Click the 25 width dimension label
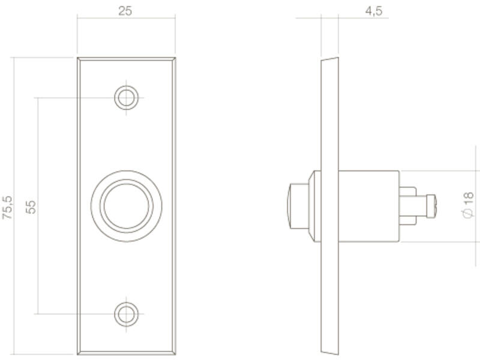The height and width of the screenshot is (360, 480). (125, 11)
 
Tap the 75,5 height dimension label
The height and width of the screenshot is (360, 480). (7, 207)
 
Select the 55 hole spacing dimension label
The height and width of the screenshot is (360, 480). (31, 207)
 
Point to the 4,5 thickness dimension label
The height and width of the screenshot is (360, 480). (373, 11)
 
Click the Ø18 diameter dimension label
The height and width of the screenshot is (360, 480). (468, 205)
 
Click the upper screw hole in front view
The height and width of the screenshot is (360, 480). (127, 98)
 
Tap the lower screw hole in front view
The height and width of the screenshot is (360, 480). (127, 314)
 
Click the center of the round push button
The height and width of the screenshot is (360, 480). (127, 206)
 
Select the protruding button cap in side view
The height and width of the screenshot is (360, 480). (298, 206)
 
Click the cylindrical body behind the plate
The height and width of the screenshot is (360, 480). (369, 206)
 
